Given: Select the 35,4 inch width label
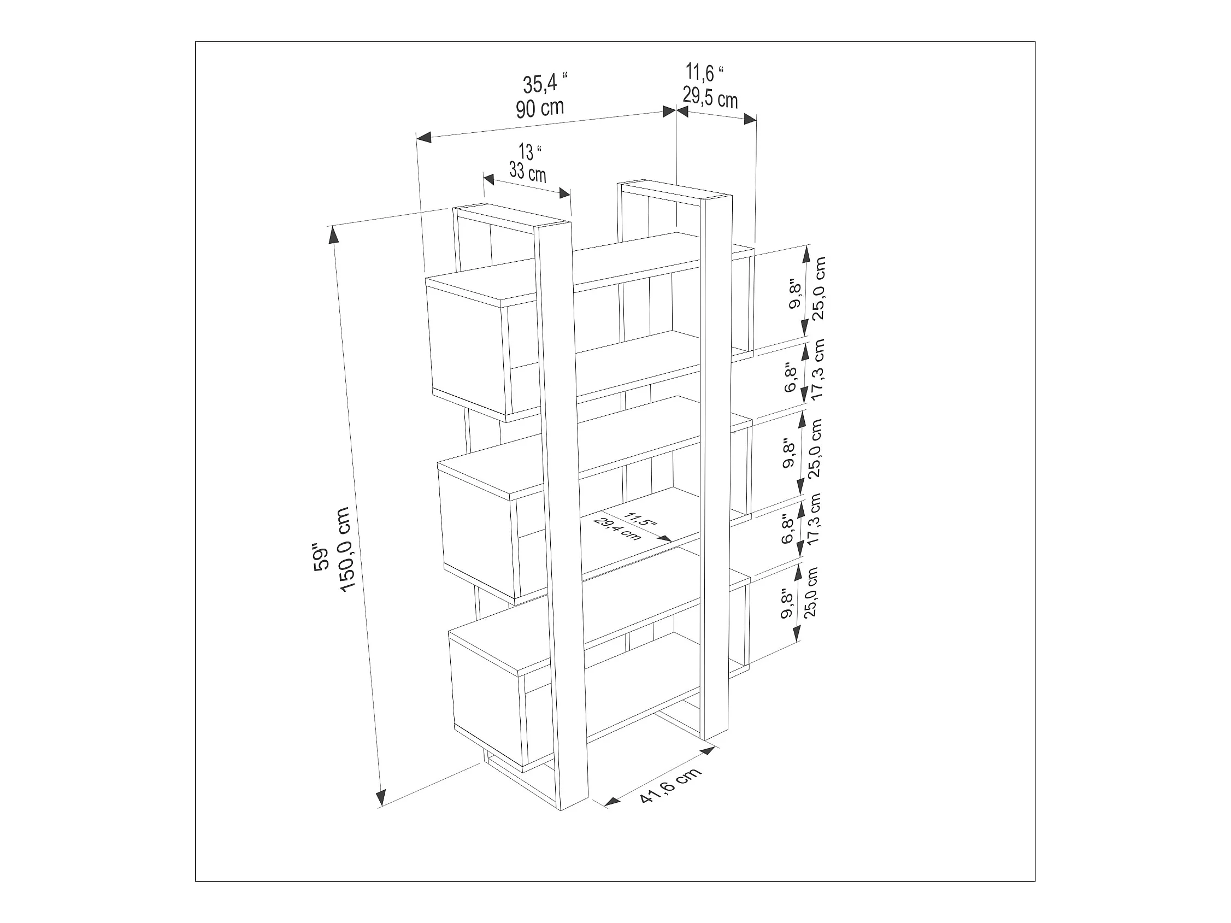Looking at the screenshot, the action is (545, 83).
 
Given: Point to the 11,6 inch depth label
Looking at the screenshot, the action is (704, 73).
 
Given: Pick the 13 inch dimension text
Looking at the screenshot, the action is (530, 151).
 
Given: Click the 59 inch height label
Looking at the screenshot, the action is (322, 557).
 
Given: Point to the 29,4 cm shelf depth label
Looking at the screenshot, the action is (617, 529).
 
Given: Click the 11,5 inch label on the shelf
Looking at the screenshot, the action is (640, 519).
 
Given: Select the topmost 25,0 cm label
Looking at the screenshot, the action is (818, 288).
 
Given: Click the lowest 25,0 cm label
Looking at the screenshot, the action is (811, 592).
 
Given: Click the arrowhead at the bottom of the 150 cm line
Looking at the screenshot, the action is (381, 798).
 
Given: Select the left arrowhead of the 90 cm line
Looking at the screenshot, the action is (424, 137).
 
